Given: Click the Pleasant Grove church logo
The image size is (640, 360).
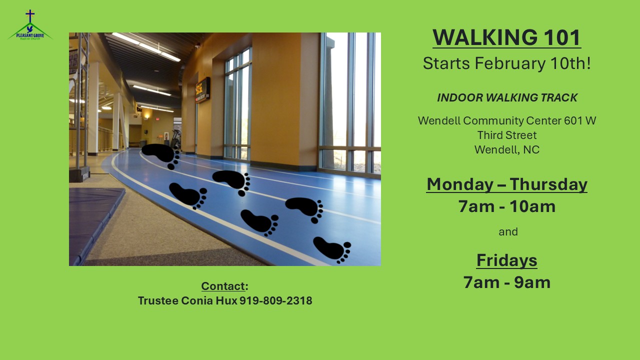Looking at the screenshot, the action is click(30, 25).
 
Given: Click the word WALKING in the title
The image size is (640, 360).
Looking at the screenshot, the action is click(485, 37).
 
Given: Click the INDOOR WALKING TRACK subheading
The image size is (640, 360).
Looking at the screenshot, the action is click(507, 97).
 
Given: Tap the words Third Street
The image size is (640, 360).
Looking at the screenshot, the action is click(507, 135).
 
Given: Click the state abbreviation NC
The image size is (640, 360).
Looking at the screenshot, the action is click(531, 149).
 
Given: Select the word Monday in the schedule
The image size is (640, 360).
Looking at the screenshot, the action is click(459, 185).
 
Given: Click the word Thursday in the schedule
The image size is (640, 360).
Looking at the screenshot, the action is click(548, 184).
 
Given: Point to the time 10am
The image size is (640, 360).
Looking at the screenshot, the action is click(532, 206).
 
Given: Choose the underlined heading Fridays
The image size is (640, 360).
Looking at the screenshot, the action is click(507, 260).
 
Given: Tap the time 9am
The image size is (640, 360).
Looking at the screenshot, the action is click(532, 282).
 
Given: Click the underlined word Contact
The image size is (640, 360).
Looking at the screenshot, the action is click(223, 286).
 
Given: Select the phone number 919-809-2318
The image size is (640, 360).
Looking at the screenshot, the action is click(275, 300).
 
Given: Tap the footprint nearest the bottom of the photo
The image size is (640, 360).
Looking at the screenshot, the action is click(332, 249).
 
